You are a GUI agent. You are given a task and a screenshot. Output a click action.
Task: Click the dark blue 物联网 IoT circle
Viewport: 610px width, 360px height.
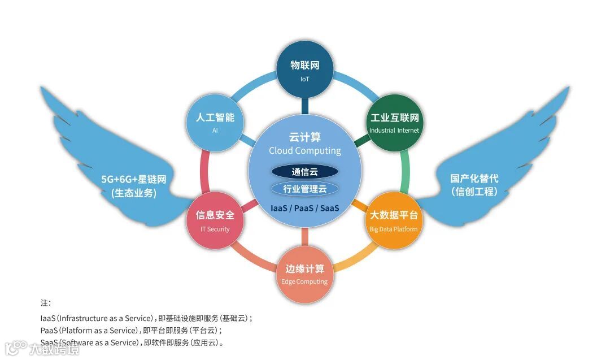point(305,70)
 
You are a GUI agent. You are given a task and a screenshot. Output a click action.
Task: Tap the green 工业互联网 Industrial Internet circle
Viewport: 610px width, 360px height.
point(394,123)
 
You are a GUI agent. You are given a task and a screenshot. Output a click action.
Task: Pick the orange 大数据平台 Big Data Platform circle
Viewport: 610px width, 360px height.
point(394,220)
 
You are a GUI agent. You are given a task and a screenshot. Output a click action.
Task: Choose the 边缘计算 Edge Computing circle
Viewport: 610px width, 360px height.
point(304,274)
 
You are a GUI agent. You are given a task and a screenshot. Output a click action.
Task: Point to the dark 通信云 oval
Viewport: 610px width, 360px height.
point(305,172)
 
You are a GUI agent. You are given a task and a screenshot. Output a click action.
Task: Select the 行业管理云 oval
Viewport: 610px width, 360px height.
point(305,189)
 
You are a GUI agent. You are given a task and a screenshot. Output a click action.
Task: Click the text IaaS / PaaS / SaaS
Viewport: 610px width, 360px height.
point(305,208)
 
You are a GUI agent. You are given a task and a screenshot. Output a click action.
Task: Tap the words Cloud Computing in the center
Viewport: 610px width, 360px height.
point(305,151)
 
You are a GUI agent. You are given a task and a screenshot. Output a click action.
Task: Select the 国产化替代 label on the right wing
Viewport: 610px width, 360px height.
point(474,179)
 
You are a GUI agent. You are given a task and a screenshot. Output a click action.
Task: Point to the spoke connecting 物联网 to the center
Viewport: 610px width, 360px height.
point(305,105)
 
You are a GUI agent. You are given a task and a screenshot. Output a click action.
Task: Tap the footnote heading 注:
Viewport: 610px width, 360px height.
point(46,303)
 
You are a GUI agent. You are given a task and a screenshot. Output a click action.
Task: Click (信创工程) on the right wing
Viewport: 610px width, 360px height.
point(474,192)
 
